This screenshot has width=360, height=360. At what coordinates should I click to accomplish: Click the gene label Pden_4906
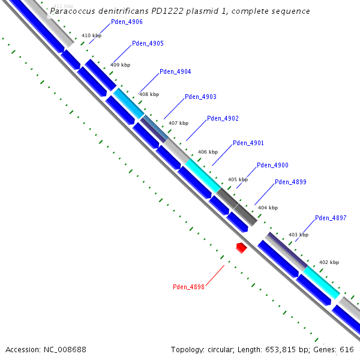[x=127, y=22]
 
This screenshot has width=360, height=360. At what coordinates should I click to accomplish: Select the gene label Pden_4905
[x=148, y=44]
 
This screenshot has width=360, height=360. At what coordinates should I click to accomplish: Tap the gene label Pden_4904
[x=175, y=72]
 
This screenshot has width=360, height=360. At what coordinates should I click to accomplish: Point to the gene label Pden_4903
[x=200, y=97]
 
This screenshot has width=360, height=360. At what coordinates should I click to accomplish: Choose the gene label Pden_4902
[x=223, y=118]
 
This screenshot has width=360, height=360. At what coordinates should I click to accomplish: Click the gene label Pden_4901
[x=248, y=143]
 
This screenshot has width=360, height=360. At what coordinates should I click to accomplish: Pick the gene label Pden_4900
[x=272, y=165]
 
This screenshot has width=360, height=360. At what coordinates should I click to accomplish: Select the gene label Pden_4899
[x=290, y=182]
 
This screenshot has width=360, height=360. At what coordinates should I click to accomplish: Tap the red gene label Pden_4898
[x=188, y=287]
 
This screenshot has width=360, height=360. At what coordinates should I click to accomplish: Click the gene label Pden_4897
[x=331, y=218]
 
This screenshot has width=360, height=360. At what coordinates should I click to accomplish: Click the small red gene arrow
[x=242, y=247]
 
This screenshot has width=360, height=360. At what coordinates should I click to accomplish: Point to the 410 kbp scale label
[x=91, y=36]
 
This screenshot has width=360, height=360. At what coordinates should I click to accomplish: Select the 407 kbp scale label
[x=179, y=123]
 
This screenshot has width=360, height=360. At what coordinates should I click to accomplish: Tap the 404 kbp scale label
[x=268, y=208]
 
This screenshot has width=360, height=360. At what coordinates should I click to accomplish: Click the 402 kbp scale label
[x=329, y=262]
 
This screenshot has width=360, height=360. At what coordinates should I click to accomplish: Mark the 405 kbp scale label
[x=238, y=179]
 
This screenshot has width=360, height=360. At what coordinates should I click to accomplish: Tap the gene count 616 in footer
[x=347, y=349]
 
